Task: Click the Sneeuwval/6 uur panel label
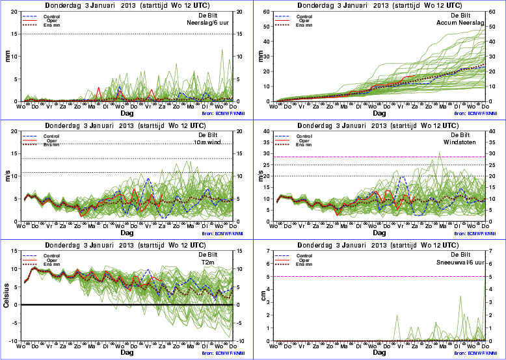pyautogui.click(x=464, y=262)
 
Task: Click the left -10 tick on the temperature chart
pyautogui.click(x=14, y=341)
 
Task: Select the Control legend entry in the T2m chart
pyautogui.click(x=51, y=255)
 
